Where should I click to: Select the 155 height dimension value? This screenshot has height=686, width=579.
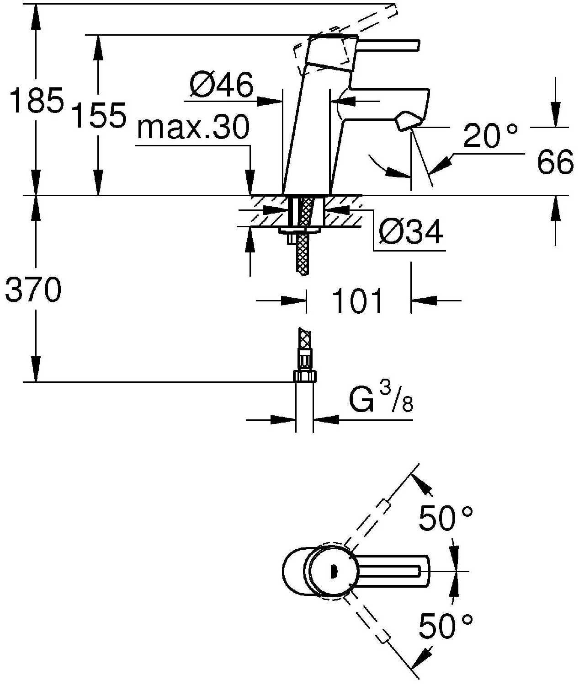click(x=99, y=115)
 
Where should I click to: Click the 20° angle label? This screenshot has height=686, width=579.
click(x=490, y=136)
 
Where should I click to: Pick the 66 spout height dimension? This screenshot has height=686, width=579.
click(x=555, y=162)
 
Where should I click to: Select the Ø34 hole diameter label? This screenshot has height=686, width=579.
click(x=411, y=232)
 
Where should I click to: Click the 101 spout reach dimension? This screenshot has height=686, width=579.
click(x=358, y=301)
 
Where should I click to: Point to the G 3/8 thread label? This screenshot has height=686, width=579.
click(x=381, y=400)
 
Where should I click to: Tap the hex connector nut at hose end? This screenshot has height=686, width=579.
click(x=304, y=376)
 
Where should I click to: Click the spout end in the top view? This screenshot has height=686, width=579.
click(x=423, y=571)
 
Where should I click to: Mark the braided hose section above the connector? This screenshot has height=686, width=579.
click(x=303, y=341)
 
